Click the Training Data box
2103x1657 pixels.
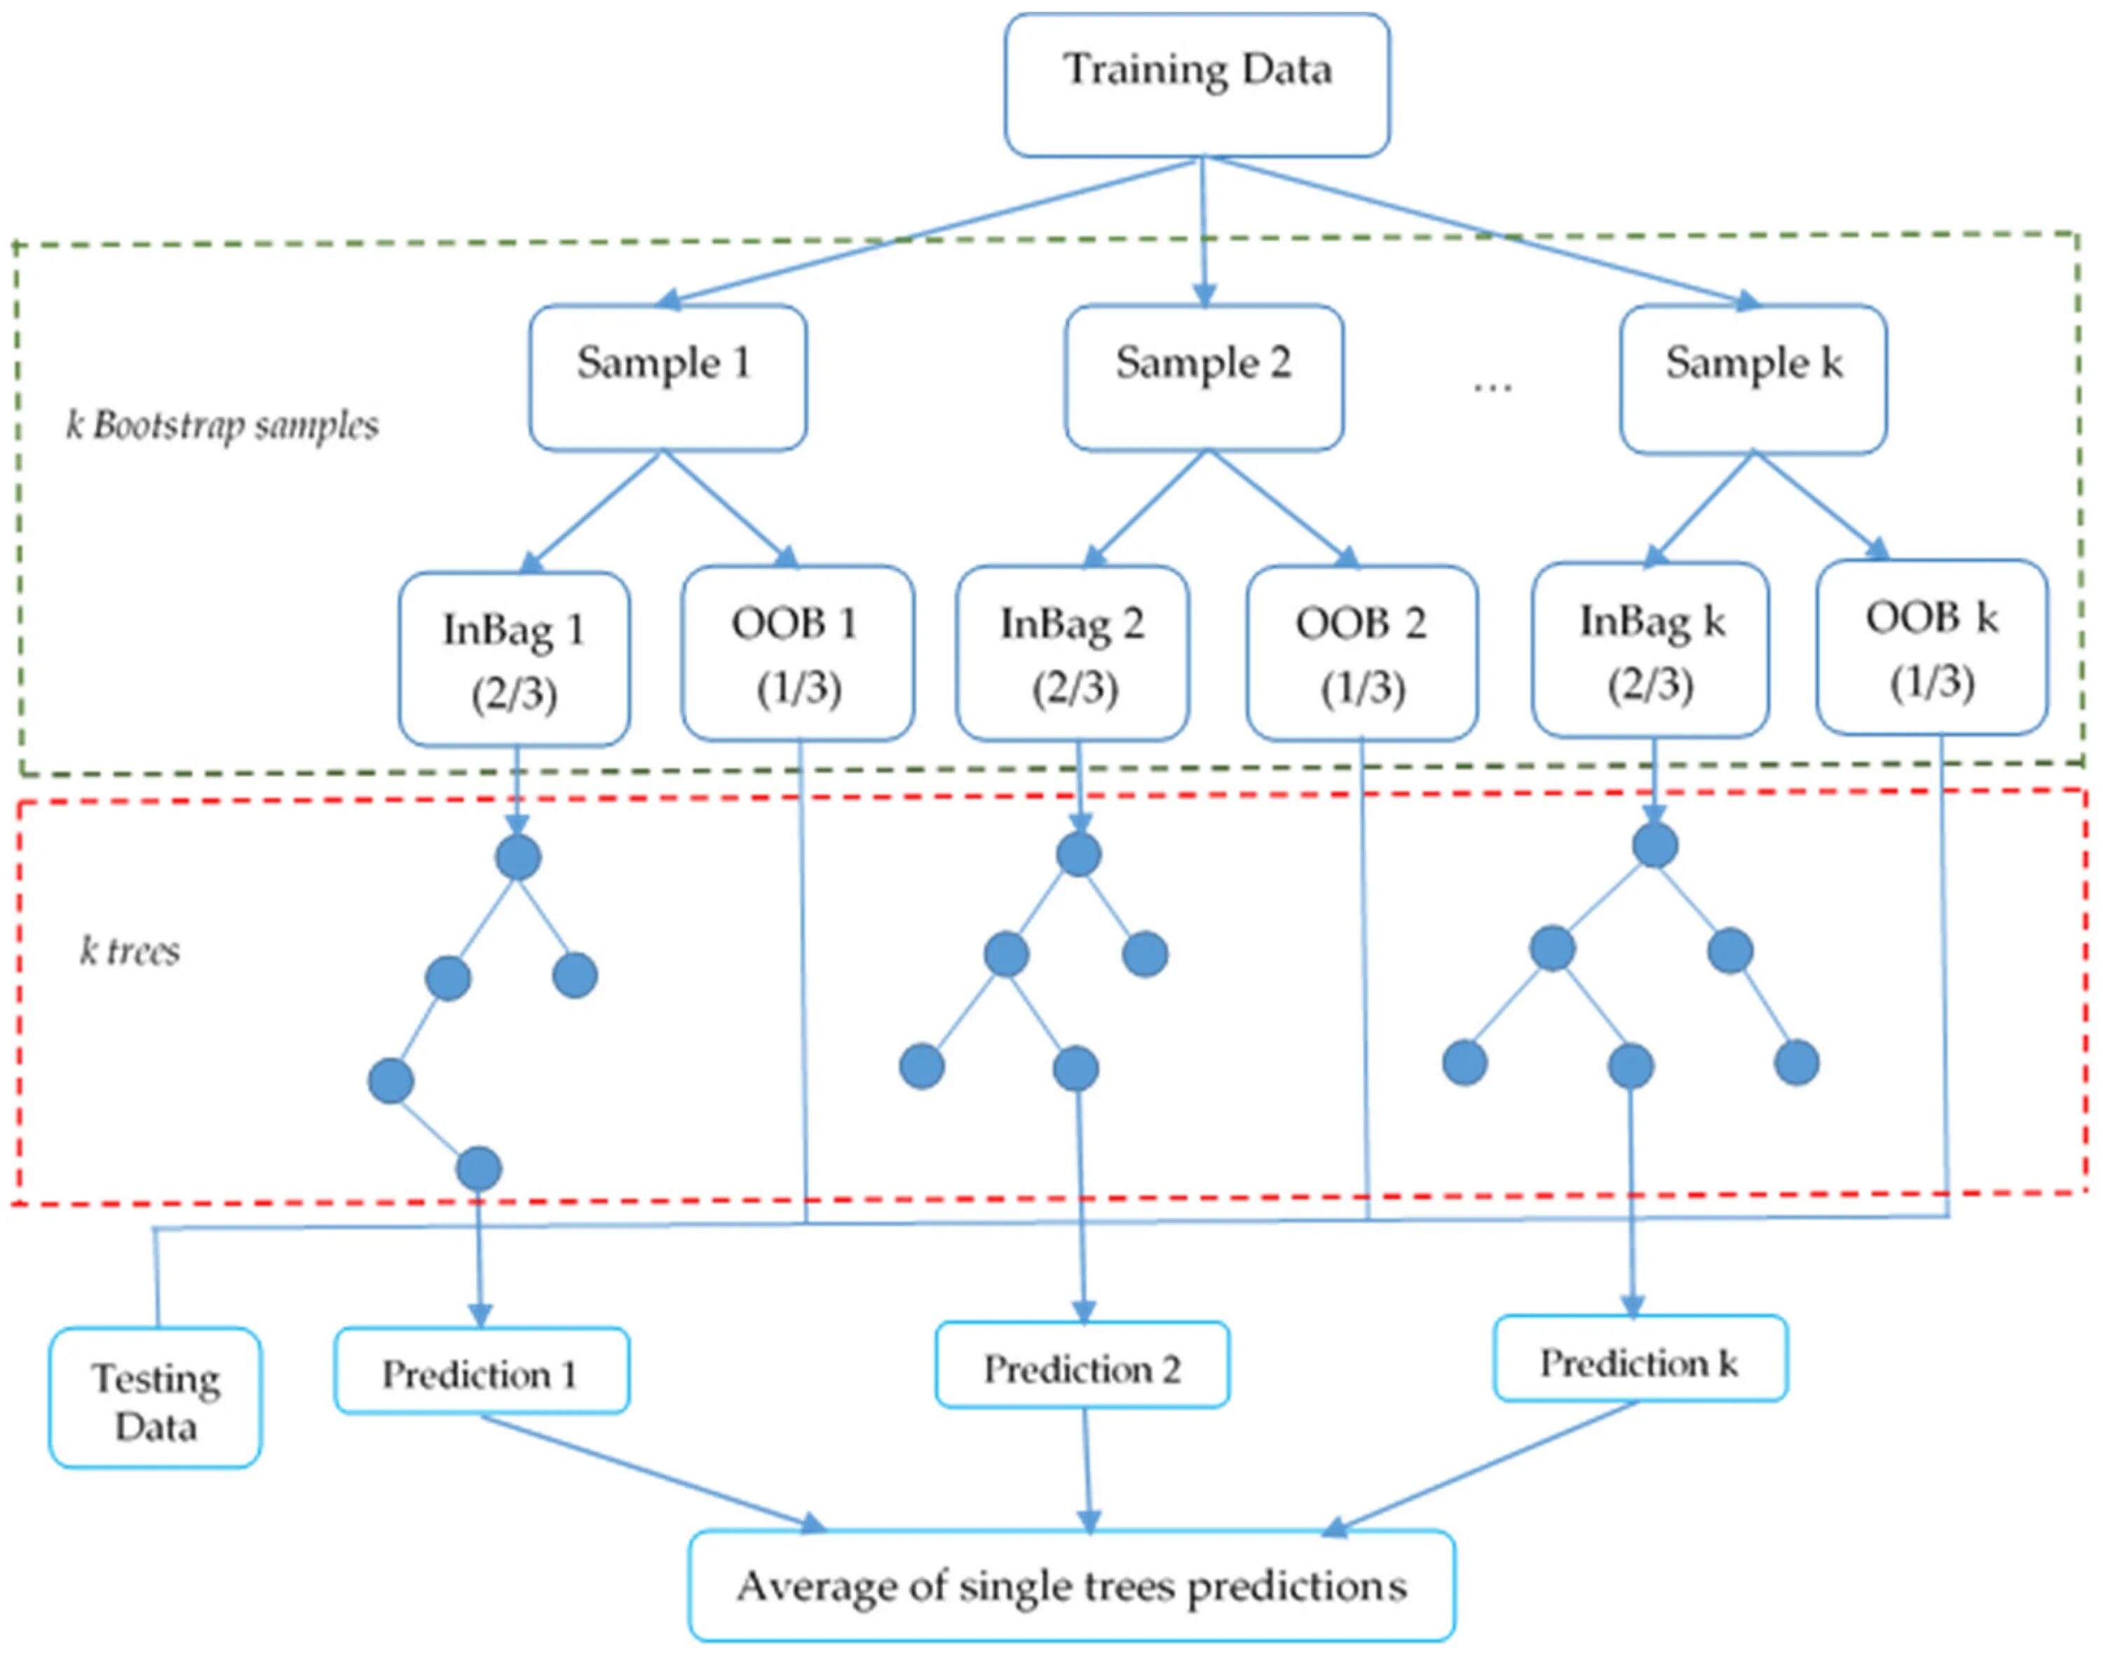pos(1197,84)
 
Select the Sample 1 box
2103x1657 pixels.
pos(667,378)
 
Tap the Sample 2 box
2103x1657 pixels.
pos(1204,378)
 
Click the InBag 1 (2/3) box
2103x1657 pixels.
pos(515,659)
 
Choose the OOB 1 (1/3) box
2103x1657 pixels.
pos(798,653)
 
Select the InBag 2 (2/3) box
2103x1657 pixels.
pos(1073,653)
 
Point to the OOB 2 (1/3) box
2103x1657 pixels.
pos(1363,653)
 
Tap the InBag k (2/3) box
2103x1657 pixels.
pos(1651,649)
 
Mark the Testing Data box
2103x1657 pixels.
pos(156,1398)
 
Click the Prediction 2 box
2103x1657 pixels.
pos(1082,1365)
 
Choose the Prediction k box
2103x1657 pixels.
pos(1640,1359)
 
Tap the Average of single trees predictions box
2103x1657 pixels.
pos(1073,1586)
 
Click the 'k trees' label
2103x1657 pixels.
pos(130,951)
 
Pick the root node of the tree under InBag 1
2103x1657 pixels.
pos(518,858)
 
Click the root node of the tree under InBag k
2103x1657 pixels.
pos(1654,845)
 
